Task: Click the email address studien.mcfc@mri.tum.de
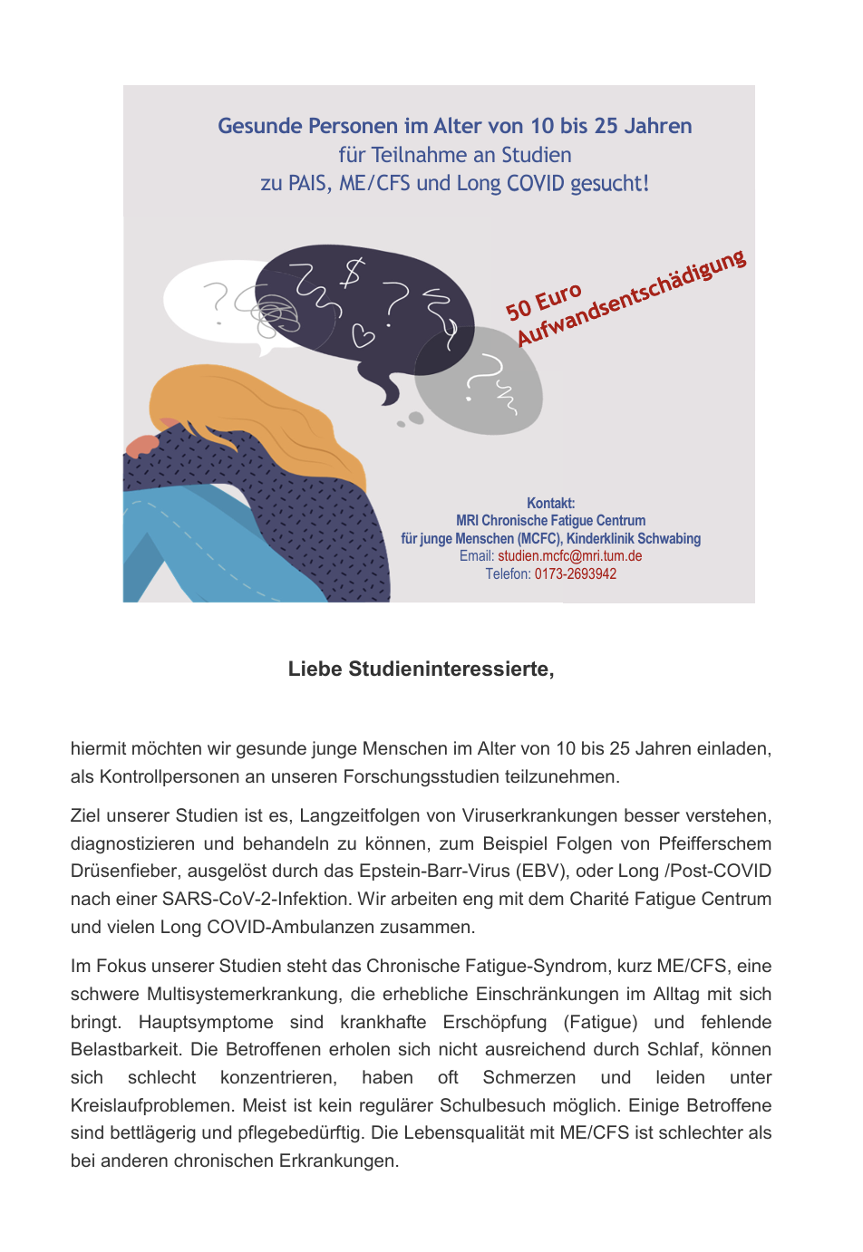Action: pos(569,556)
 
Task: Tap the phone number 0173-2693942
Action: pos(575,574)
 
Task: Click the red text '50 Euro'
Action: pos(543,302)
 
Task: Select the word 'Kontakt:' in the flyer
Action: pos(550,504)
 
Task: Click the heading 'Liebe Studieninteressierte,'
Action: pos(421,669)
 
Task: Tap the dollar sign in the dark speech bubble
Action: pos(352,272)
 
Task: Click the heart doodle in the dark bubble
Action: pos(363,335)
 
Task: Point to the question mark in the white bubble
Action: pos(216,301)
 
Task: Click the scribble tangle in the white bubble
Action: pos(272,311)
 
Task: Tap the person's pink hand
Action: pos(141,445)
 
